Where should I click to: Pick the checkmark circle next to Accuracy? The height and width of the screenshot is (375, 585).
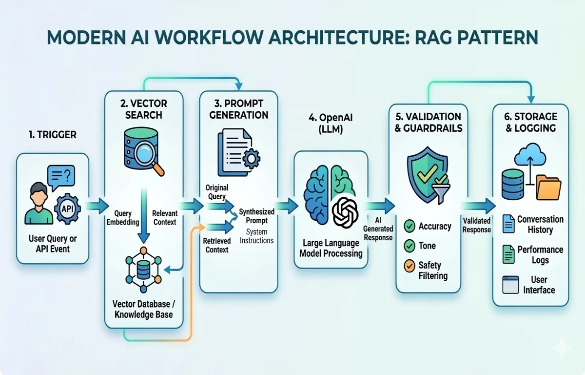click(410, 226)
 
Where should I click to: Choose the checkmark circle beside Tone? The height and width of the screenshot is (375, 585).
click(410, 246)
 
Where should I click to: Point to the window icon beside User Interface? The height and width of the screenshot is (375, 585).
click(510, 285)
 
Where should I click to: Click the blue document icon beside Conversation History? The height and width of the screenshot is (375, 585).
click(508, 224)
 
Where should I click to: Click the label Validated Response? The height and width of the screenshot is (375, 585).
click(477, 225)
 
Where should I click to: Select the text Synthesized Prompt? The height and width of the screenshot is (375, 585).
click(256, 216)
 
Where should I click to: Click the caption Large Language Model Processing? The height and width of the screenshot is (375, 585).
click(331, 248)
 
